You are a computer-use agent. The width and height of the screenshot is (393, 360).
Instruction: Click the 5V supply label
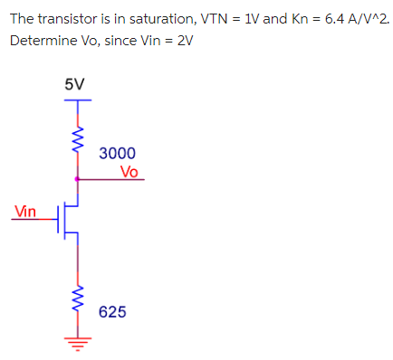[x=75, y=83]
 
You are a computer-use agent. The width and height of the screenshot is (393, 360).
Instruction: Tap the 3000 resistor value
[x=118, y=154]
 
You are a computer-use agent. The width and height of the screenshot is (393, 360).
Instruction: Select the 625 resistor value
[x=112, y=312]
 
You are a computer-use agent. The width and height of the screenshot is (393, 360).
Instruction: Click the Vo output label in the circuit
[x=129, y=171]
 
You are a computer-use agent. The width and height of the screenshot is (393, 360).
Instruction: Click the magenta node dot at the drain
[x=77, y=179]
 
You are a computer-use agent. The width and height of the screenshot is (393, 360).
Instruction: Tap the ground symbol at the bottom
[x=77, y=345]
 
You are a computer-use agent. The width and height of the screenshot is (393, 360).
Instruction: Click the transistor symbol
[x=69, y=219]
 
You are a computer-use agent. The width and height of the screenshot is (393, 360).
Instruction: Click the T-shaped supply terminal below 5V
[x=77, y=101]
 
